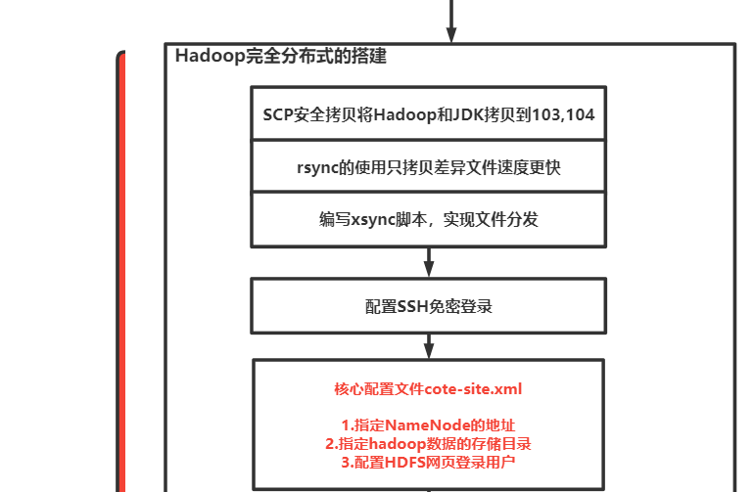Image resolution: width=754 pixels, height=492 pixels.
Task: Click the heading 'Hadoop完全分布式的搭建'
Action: pos(280,56)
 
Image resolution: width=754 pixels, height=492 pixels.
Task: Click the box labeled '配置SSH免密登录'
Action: pos(428,306)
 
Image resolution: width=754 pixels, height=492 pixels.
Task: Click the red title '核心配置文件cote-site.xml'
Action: pos(428,389)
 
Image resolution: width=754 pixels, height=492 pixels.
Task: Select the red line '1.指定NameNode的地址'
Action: pos(428,425)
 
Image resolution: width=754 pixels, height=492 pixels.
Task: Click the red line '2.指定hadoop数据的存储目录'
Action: pos(428,443)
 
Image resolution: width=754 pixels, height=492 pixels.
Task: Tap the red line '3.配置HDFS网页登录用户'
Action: pos(428,462)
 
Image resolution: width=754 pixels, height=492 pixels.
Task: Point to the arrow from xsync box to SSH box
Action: pos(429,262)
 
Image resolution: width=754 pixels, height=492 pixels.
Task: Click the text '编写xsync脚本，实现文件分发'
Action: pos(428,220)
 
